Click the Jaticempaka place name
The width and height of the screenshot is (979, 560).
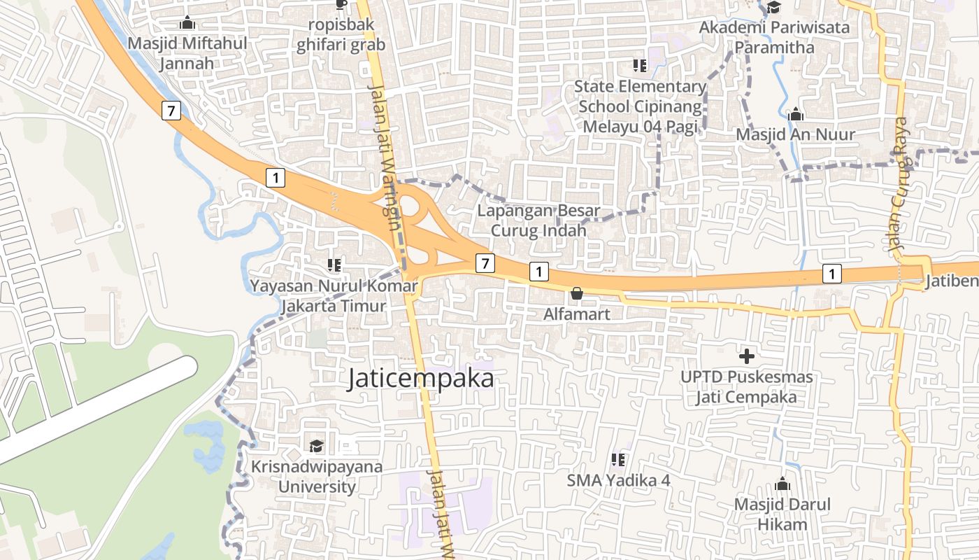pos(421,379)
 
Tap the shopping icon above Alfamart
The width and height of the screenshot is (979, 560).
pos(577,293)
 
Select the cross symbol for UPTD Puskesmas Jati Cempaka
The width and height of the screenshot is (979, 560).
pos(747,356)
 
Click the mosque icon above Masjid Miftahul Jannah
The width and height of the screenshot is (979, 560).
pos(187,23)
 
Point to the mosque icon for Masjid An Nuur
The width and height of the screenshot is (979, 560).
pos(796,114)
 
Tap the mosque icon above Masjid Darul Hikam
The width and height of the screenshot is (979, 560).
pos(783,484)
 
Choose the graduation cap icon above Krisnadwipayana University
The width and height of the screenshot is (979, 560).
pos(317,446)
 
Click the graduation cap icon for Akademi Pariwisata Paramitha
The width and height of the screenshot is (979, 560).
pos(774,8)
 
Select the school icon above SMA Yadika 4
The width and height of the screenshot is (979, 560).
pos(618,460)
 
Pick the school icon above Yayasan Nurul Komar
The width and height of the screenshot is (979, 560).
pos(334,265)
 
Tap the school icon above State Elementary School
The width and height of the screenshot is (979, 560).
pos(639,66)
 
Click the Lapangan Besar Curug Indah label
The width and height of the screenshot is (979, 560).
pos(538,220)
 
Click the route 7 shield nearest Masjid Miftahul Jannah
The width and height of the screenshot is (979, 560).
pos(171,110)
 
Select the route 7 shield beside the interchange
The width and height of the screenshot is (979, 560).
pos(485,263)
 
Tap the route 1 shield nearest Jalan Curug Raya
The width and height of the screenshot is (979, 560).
pos(831,274)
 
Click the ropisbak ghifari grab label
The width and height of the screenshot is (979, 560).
pos(341,35)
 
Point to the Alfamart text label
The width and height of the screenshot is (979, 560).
pos(577,314)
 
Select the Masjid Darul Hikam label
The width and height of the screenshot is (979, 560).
pos(782,514)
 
